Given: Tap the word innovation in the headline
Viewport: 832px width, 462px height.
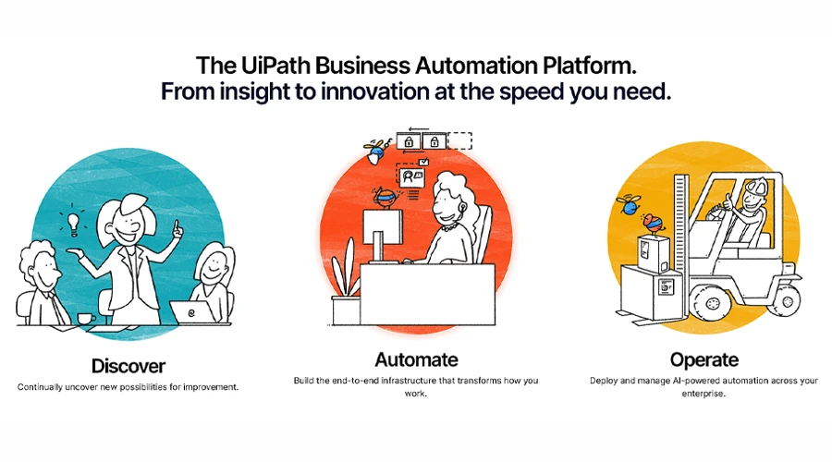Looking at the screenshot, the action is point(375,91).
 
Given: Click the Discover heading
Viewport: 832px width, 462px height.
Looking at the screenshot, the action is point(128,366).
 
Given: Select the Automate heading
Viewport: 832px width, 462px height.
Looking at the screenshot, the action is point(417,359).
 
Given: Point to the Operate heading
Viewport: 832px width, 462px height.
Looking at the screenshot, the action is point(704,359).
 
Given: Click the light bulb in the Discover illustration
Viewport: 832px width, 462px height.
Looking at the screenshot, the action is point(73,222).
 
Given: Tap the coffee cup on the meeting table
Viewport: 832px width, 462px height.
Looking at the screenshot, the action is point(86,318).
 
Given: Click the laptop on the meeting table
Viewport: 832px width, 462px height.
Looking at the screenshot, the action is point(192,311).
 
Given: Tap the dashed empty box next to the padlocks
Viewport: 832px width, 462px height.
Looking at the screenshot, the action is point(459,141).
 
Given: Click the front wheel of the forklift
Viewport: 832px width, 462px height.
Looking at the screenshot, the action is point(709,304).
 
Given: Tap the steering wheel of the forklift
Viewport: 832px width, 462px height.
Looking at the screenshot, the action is point(720,212).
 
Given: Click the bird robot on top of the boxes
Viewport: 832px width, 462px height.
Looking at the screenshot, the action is point(653,223).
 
